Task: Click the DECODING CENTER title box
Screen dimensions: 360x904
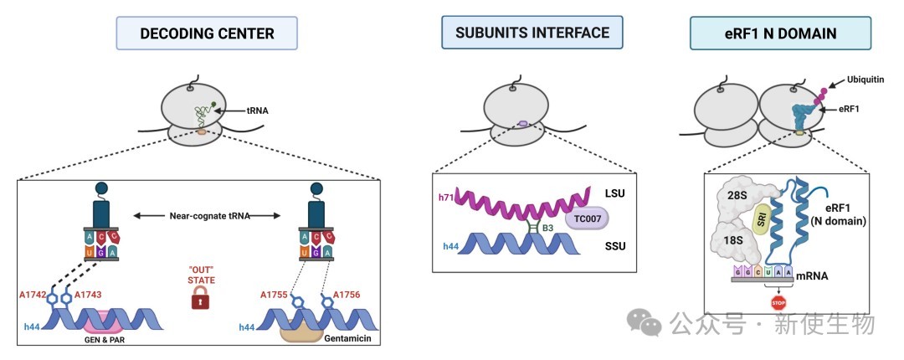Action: point(207,33)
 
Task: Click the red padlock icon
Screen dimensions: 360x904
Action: point(201,298)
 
